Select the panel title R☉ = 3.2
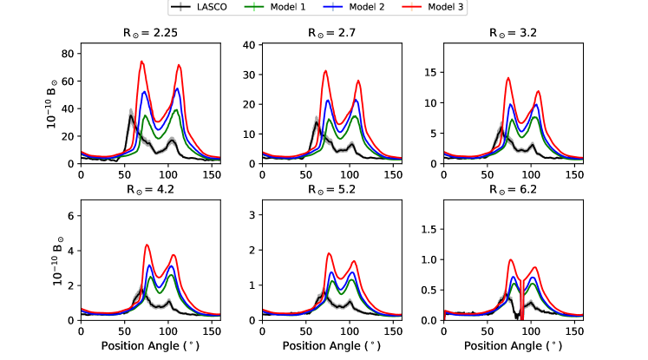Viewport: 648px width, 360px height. pos(513,34)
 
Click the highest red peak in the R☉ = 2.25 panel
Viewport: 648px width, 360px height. pos(141,62)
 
